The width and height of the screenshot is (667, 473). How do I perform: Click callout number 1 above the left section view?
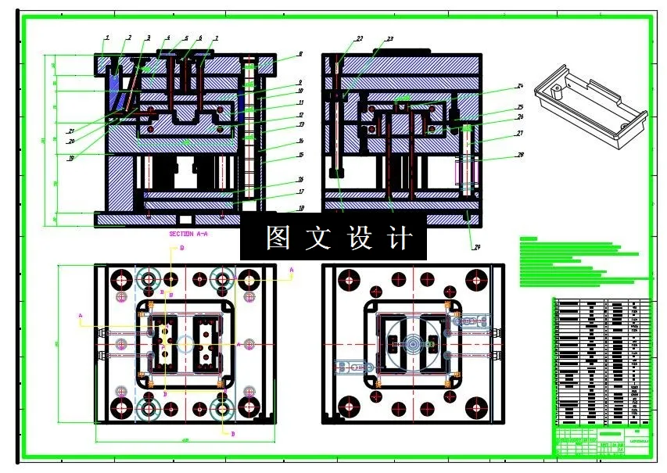point(107,38)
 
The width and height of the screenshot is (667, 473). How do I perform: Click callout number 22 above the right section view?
point(359,38)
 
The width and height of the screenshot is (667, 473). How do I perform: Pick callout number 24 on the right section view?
point(518,86)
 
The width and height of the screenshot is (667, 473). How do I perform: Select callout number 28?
point(518,155)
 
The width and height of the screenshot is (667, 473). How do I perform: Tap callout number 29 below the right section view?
point(476,248)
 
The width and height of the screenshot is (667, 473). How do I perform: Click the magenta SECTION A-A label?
point(188,234)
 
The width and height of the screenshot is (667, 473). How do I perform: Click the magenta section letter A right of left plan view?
point(292,270)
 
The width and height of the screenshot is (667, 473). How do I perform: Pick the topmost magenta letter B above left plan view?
point(182,248)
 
